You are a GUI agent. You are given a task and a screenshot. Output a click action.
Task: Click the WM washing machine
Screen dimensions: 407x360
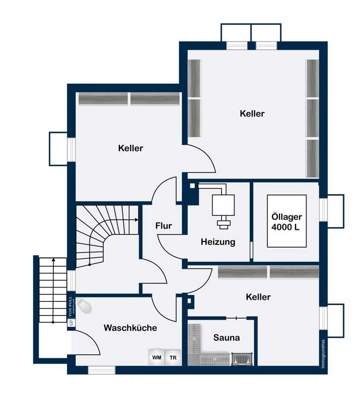coord(156,358)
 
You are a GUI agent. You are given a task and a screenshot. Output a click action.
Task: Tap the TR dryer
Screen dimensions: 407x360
coord(173,358)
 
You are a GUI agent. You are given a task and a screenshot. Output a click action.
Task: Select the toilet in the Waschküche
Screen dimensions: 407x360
coord(85,306)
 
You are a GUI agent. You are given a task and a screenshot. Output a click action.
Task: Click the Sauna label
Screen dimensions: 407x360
coord(226,337)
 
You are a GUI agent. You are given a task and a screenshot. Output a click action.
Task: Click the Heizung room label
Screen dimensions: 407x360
coord(218,242)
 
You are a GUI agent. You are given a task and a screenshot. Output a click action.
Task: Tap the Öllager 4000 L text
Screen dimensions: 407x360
coord(286,221)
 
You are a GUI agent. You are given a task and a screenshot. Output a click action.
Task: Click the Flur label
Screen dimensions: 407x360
coord(164,226)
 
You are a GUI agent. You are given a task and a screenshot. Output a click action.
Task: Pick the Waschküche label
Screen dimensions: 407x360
coord(130,328)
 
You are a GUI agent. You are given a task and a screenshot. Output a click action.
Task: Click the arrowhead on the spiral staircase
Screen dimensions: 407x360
coord(136,220)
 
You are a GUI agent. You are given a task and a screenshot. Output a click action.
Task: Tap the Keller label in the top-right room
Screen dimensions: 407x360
coord(252,114)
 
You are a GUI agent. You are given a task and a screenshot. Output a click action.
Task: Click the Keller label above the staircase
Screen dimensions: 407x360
coord(130,148)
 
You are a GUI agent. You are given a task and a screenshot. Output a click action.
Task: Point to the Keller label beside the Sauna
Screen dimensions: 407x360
coord(258,297)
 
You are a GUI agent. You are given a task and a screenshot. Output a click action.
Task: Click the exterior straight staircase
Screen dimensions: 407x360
coord(53,290)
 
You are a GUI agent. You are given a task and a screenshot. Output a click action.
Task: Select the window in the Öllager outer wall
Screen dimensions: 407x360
coord(323,210)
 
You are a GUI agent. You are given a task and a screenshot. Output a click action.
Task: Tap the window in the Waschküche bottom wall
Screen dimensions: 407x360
coord(102,370)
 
